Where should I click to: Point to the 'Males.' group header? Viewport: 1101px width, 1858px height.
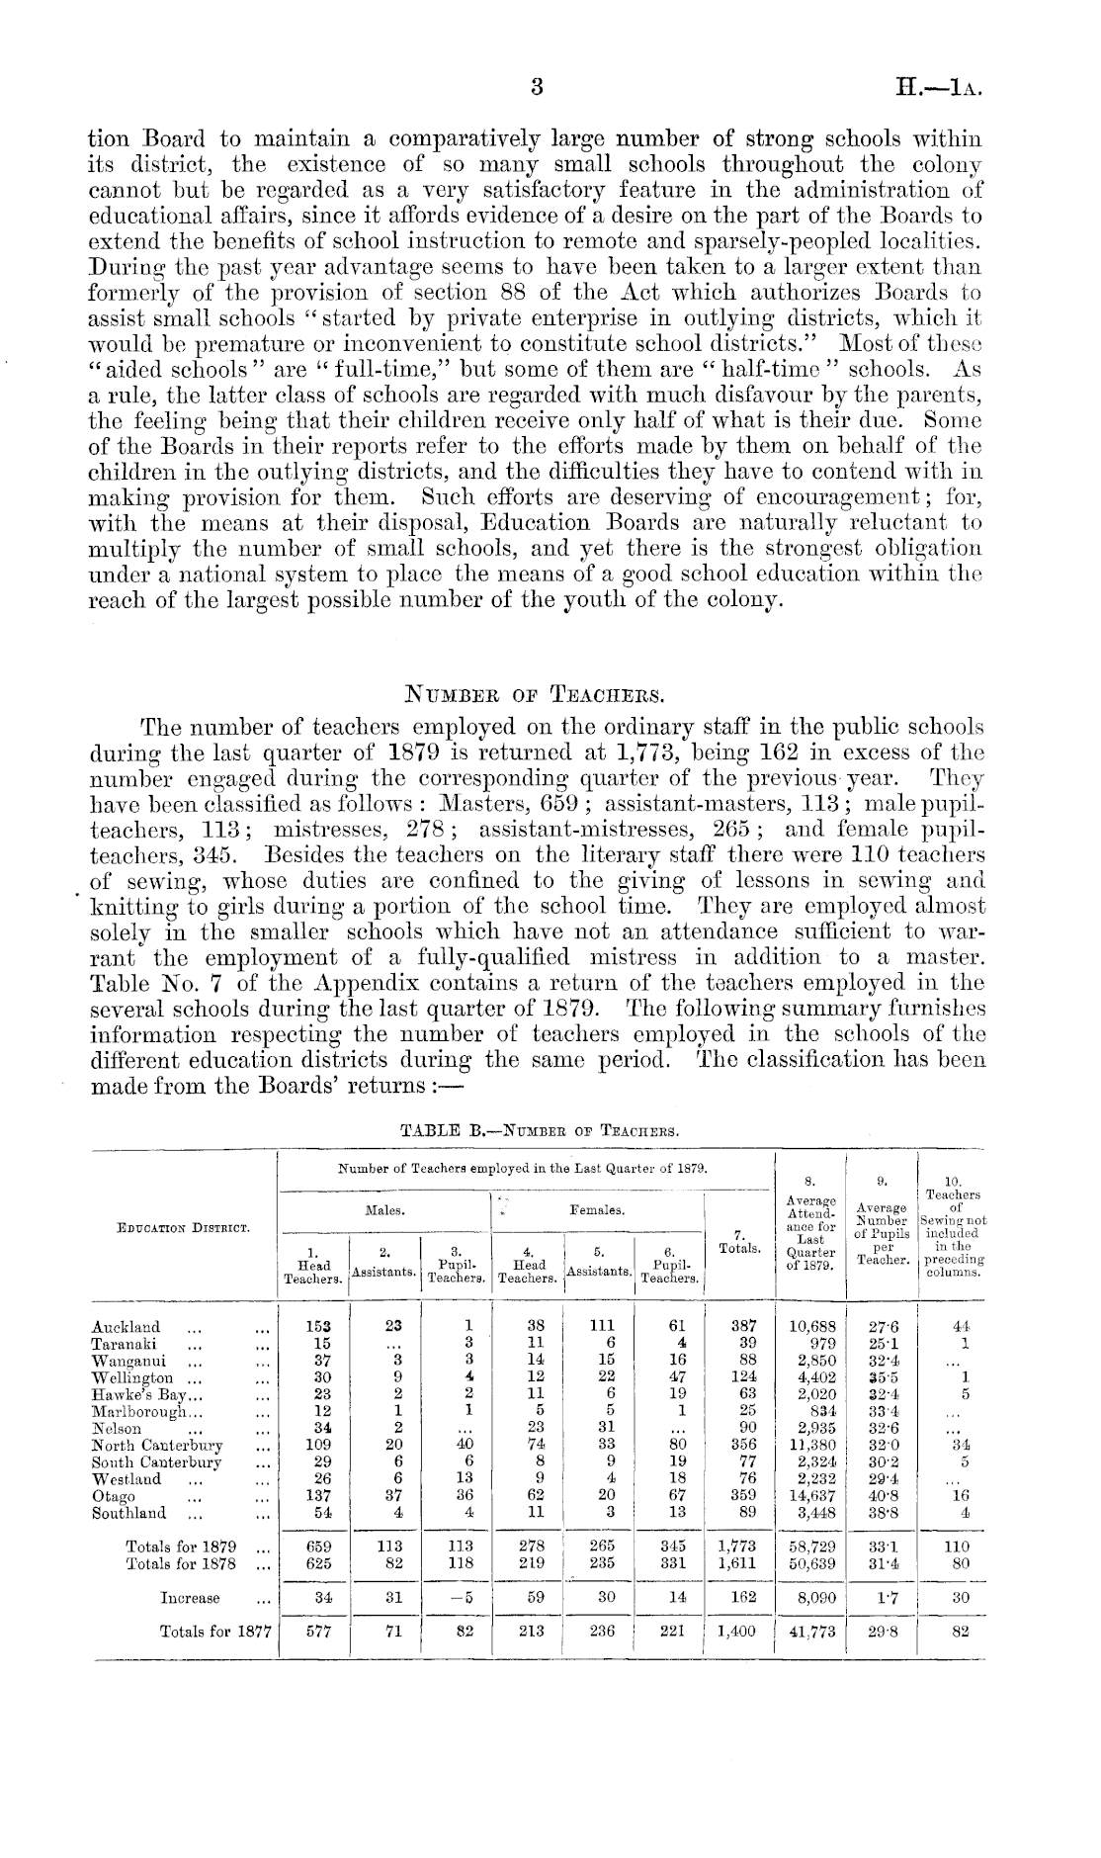382,1209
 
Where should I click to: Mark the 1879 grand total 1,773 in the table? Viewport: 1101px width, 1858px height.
737,1547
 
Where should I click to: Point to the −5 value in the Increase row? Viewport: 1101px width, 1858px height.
457,1598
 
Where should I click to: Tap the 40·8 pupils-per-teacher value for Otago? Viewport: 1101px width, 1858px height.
883,1496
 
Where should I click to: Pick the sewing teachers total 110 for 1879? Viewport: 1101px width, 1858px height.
956,1547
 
